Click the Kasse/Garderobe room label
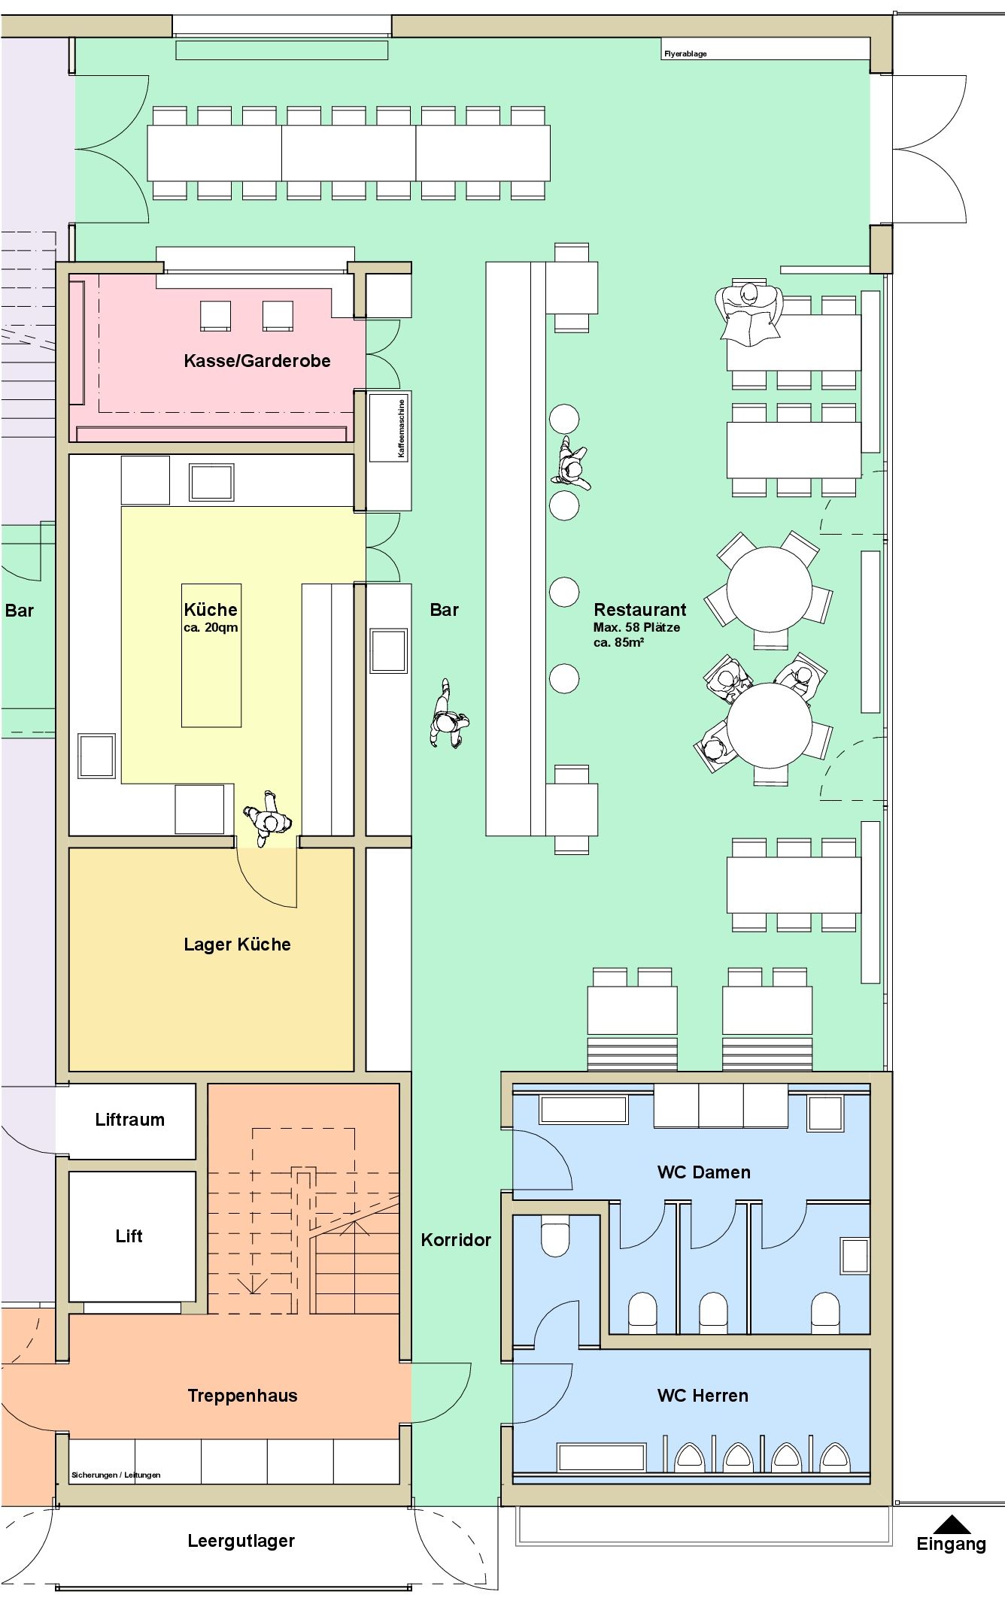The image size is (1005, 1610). point(257,361)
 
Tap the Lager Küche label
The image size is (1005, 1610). point(237,944)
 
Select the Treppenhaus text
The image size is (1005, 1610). point(242,1396)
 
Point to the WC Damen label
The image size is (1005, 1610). point(703,1172)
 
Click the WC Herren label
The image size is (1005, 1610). point(703,1396)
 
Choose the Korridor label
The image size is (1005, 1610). point(456,1240)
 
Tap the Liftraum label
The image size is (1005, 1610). point(129,1120)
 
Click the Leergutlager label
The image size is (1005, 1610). point(241,1541)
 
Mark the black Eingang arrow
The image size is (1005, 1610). point(952,1524)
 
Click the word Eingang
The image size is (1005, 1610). point(951,1545)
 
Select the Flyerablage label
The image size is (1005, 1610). point(685,54)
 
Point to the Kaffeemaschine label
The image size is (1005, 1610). point(402,429)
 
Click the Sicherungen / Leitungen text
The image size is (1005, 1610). point(116,1475)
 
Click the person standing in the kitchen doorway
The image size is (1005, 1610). point(267,819)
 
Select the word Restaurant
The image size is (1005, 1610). point(640,610)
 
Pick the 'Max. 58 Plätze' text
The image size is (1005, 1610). point(636,627)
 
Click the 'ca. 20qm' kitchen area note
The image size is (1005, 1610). point(211,628)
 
